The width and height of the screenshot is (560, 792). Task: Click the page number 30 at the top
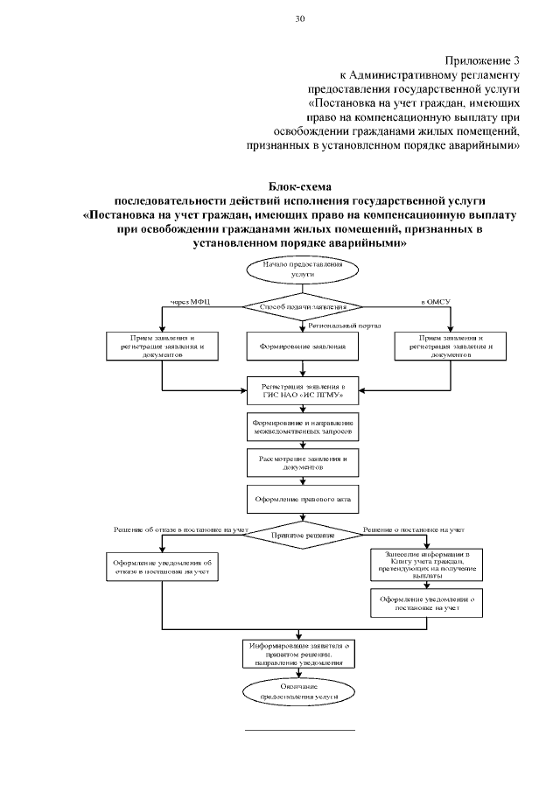pos(300,18)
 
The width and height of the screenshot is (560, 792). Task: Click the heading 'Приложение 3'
pos(482,60)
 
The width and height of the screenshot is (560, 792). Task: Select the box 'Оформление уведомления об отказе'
pos(163,565)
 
